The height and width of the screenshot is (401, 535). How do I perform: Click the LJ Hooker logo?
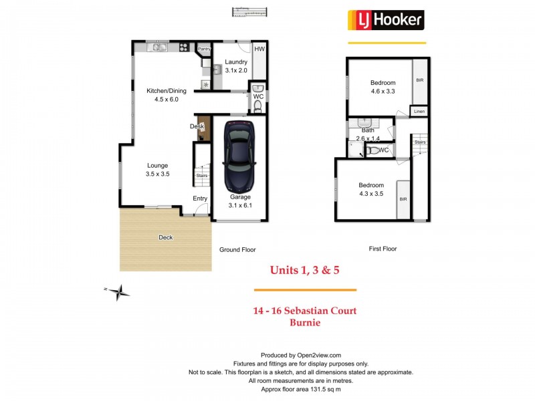386,20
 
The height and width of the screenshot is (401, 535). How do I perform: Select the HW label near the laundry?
259,49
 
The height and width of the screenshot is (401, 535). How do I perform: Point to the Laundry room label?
236,62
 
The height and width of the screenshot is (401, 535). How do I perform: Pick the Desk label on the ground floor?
197,126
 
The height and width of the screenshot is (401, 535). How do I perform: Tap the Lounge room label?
158,165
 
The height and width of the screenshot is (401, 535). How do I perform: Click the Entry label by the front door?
200,198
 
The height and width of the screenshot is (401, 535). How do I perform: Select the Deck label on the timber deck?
165,237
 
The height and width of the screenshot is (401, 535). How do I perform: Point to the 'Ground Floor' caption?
237,249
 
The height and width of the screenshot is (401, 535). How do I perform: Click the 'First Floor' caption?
383,249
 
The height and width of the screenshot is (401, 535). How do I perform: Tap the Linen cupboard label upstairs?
419,111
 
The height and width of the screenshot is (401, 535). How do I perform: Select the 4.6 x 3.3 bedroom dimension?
384,92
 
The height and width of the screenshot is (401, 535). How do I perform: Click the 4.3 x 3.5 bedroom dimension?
370,194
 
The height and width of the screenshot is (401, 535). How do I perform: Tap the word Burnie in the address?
305,322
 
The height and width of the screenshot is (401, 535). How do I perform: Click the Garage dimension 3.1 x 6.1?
240,205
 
